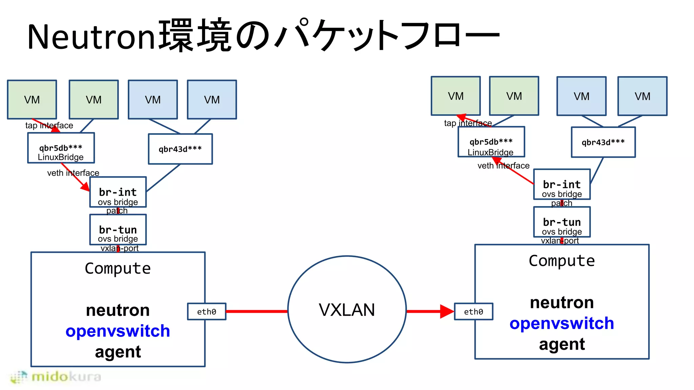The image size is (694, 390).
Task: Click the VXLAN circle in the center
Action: (347, 309)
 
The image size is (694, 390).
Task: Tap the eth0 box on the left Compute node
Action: (206, 311)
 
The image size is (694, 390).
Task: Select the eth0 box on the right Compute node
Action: (473, 311)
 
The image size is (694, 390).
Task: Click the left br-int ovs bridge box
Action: (118, 192)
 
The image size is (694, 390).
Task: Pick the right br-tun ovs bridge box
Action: (562, 222)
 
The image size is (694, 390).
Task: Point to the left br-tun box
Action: (118, 230)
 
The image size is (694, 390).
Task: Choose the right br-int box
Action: (562, 184)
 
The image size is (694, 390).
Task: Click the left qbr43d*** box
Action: (180, 149)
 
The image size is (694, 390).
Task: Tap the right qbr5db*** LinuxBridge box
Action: (491, 142)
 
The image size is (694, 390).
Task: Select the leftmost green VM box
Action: (32, 100)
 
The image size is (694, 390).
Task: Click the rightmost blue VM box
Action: (642, 96)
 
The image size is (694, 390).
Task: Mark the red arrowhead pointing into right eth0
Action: (447, 311)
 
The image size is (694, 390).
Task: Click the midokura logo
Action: (56, 377)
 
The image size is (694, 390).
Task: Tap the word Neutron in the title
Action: (91, 37)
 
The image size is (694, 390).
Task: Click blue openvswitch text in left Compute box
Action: (118, 331)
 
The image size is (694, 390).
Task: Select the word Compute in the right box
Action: (562, 261)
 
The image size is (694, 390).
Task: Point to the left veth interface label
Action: (73, 173)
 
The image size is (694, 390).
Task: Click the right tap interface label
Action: (468, 123)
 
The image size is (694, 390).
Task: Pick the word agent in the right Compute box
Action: (562, 344)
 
